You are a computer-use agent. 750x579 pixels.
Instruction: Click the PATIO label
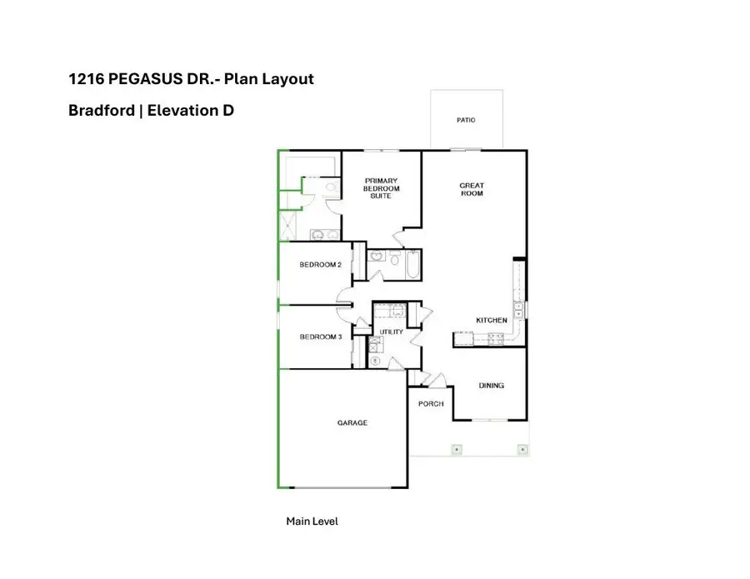[466, 120]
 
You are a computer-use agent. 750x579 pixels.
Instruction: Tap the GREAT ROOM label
[472, 189]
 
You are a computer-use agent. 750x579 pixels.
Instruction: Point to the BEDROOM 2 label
[321, 265]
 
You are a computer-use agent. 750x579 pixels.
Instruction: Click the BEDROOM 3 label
[321, 337]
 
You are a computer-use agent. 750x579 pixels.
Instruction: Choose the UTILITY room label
[391, 332]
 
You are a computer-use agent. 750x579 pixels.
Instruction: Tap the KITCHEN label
[492, 320]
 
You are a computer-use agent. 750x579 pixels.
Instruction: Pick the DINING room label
[491, 386]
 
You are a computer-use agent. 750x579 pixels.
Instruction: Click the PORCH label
[431, 404]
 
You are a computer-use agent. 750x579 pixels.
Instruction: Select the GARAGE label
[352, 422]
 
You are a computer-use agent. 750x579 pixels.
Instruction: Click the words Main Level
[312, 521]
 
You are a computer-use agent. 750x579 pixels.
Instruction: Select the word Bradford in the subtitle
[102, 109]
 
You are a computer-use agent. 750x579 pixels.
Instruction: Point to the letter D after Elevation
[227, 109]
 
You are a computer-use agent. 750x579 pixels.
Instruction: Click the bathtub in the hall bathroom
[411, 266]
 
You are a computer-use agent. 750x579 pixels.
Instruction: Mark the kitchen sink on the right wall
[518, 310]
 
